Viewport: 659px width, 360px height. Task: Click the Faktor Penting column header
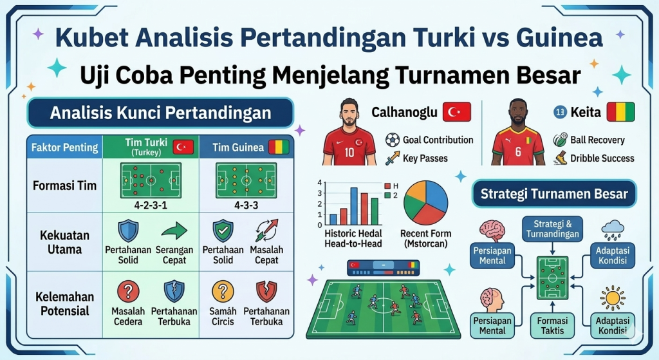click(64, 147)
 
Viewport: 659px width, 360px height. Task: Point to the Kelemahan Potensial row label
click(64, 304)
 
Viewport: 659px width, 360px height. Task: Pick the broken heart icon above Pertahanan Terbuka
click(266, 291)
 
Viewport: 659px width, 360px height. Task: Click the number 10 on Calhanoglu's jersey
click(349, 153)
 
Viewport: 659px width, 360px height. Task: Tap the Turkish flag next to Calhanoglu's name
click(456, 112)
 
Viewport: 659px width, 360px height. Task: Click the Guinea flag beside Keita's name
click(620, 112)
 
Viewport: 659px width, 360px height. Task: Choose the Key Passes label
click(425, 158)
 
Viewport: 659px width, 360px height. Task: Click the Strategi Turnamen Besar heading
click(554, 193)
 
